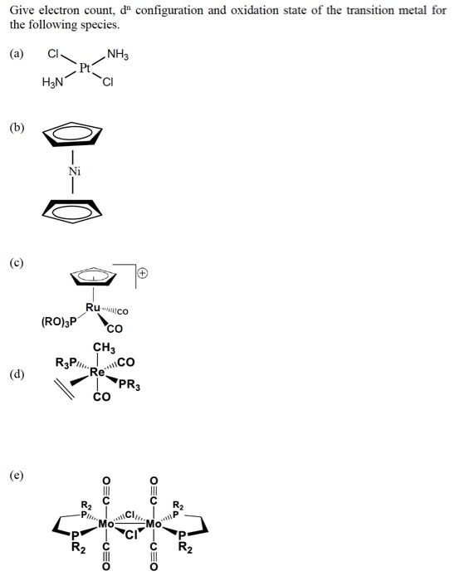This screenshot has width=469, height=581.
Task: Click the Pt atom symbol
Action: [x=85, y=68]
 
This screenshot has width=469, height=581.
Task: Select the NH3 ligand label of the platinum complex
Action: [x=118, y=55]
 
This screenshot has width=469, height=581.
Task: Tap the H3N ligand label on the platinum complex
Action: [x=52, y=82]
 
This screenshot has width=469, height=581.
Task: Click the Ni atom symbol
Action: [x=74, y=171]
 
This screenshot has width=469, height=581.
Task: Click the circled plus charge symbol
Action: [x=143, y=273]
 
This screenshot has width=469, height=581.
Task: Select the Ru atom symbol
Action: [x=93, y=307]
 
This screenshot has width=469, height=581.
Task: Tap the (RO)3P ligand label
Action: [x=59, y=322]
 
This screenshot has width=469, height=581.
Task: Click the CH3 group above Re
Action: [x=104, y=348]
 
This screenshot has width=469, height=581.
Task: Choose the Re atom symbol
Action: [x=98, y=372]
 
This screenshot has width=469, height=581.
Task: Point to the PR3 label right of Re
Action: [x=129, y=385]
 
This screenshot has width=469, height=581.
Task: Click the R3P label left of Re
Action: [x=66, y=362]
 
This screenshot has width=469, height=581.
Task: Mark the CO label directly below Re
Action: [x=101, y=397]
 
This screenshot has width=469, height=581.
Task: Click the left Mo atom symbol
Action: [x=106, y=524]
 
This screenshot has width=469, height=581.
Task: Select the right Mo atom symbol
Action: [x=154, y=524]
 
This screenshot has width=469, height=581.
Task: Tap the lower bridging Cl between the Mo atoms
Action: [x=130, y=535]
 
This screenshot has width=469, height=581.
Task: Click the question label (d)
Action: [x=17, y=374]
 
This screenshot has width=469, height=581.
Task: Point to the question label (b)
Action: [x=17, y=127]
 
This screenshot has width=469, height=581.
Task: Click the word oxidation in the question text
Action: [x=255, y=10]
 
